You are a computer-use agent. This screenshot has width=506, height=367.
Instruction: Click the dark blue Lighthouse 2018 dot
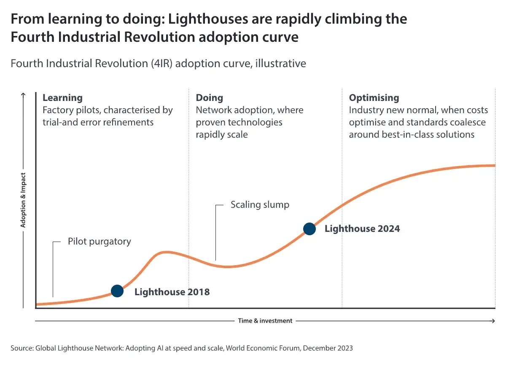tap(117, 291)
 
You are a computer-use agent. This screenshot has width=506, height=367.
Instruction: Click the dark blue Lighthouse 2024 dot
tap(310, 228)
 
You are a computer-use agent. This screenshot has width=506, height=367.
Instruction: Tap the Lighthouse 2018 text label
tap(172, 292)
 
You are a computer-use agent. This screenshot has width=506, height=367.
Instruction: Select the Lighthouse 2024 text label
tap(362, 229)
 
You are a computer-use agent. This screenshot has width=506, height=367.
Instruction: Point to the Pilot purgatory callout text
tap(99, 242)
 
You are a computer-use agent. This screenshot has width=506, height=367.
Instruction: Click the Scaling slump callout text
tap(260, 205)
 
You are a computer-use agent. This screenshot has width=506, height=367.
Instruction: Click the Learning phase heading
tap(62, 98)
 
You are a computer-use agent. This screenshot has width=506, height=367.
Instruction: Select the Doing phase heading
tap(209, 98)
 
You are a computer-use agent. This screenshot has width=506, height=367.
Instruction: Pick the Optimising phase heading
tap(374, 98)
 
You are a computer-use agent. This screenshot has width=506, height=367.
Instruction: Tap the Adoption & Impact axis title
tap(23, 200)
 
